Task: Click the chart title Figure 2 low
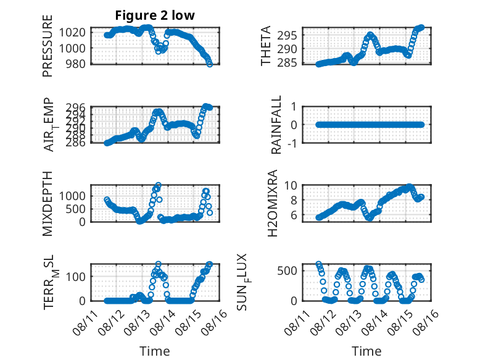click(x=155, y=15)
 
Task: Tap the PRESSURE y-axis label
click(x=48, y=46)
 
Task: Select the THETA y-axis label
click(x=266, y=46)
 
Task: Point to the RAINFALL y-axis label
click(x=276, y=125)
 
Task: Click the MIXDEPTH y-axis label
click(x=48, y=203)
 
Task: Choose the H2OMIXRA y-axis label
click(x=272, y=203)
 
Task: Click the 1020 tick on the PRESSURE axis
click(x=72, y=32)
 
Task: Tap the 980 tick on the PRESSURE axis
click(x=76, y=64)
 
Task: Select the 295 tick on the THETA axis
click(x=287, y=36)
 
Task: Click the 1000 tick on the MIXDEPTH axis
click(x=72, y=196)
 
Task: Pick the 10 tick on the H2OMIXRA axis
click(x=291, y=185)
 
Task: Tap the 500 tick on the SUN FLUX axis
click(x=287, y=270)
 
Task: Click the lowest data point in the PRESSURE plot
click(x=210, y=64)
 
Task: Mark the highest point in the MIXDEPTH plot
click(x=159, y=185)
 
